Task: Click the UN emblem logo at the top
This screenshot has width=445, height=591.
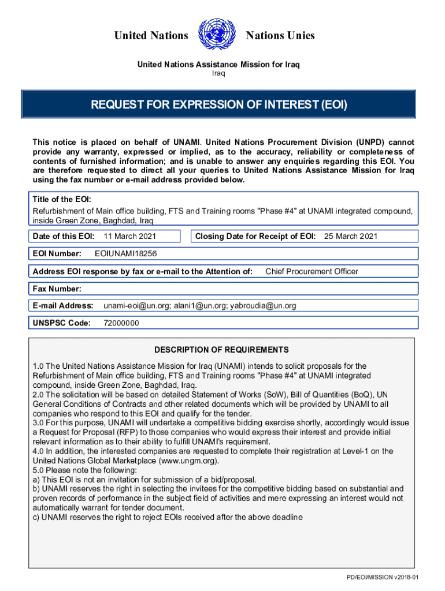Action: [217, 36]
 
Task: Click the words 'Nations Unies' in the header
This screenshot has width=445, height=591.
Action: [280, 36]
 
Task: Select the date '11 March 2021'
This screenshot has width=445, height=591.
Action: [129, 236]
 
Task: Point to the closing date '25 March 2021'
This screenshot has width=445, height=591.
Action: [351, 236]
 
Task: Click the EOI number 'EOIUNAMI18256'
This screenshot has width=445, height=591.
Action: [125, 254]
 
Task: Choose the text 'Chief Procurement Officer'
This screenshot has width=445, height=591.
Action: [311, 271]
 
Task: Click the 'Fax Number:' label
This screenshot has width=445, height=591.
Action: [57, 289]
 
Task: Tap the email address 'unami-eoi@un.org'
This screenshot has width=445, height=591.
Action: [130, 306]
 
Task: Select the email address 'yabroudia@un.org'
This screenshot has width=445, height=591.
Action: [263, 306]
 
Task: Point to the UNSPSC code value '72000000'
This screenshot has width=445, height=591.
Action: [121, 323]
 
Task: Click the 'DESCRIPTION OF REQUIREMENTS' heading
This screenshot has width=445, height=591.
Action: [221, 350]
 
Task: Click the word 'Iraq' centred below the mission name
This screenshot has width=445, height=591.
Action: [218, 73]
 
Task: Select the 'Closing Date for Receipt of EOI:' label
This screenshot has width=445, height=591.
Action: [255, 236]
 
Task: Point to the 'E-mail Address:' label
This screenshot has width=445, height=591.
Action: [63, 306]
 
